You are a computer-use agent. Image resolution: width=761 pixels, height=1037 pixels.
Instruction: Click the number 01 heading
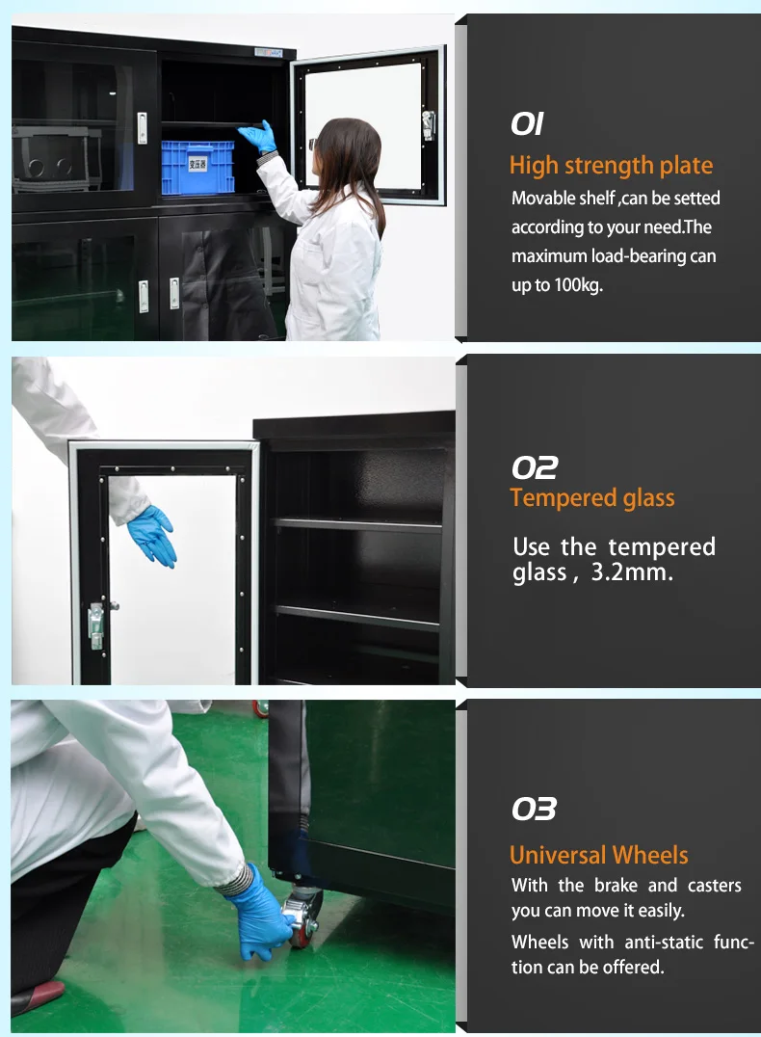527,124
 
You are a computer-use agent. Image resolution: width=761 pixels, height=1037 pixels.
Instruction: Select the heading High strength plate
611,165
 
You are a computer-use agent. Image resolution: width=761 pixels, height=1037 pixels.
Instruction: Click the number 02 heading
534,468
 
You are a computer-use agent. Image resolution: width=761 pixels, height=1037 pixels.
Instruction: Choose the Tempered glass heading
591,498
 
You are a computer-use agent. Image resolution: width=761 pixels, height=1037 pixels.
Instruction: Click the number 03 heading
534,809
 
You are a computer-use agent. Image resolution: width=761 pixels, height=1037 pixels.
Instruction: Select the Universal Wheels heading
598,855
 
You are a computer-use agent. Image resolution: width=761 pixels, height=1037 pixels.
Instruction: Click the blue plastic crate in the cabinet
197,167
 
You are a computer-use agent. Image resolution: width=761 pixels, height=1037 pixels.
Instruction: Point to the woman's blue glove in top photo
259,137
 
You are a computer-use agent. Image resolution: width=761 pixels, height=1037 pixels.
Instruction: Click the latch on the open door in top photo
428,124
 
